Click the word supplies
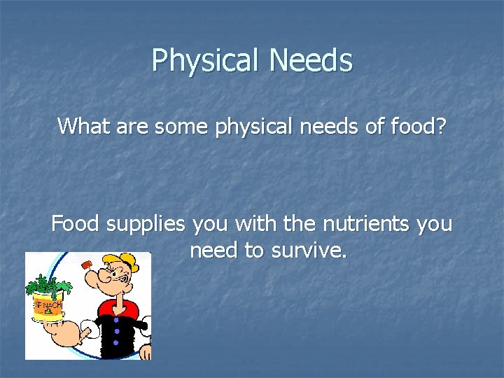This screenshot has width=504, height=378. (146, 225)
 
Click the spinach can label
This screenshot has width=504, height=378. (48, 307)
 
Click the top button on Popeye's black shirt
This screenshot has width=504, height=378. (116, 320)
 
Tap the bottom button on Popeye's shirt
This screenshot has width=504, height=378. (116, 344)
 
